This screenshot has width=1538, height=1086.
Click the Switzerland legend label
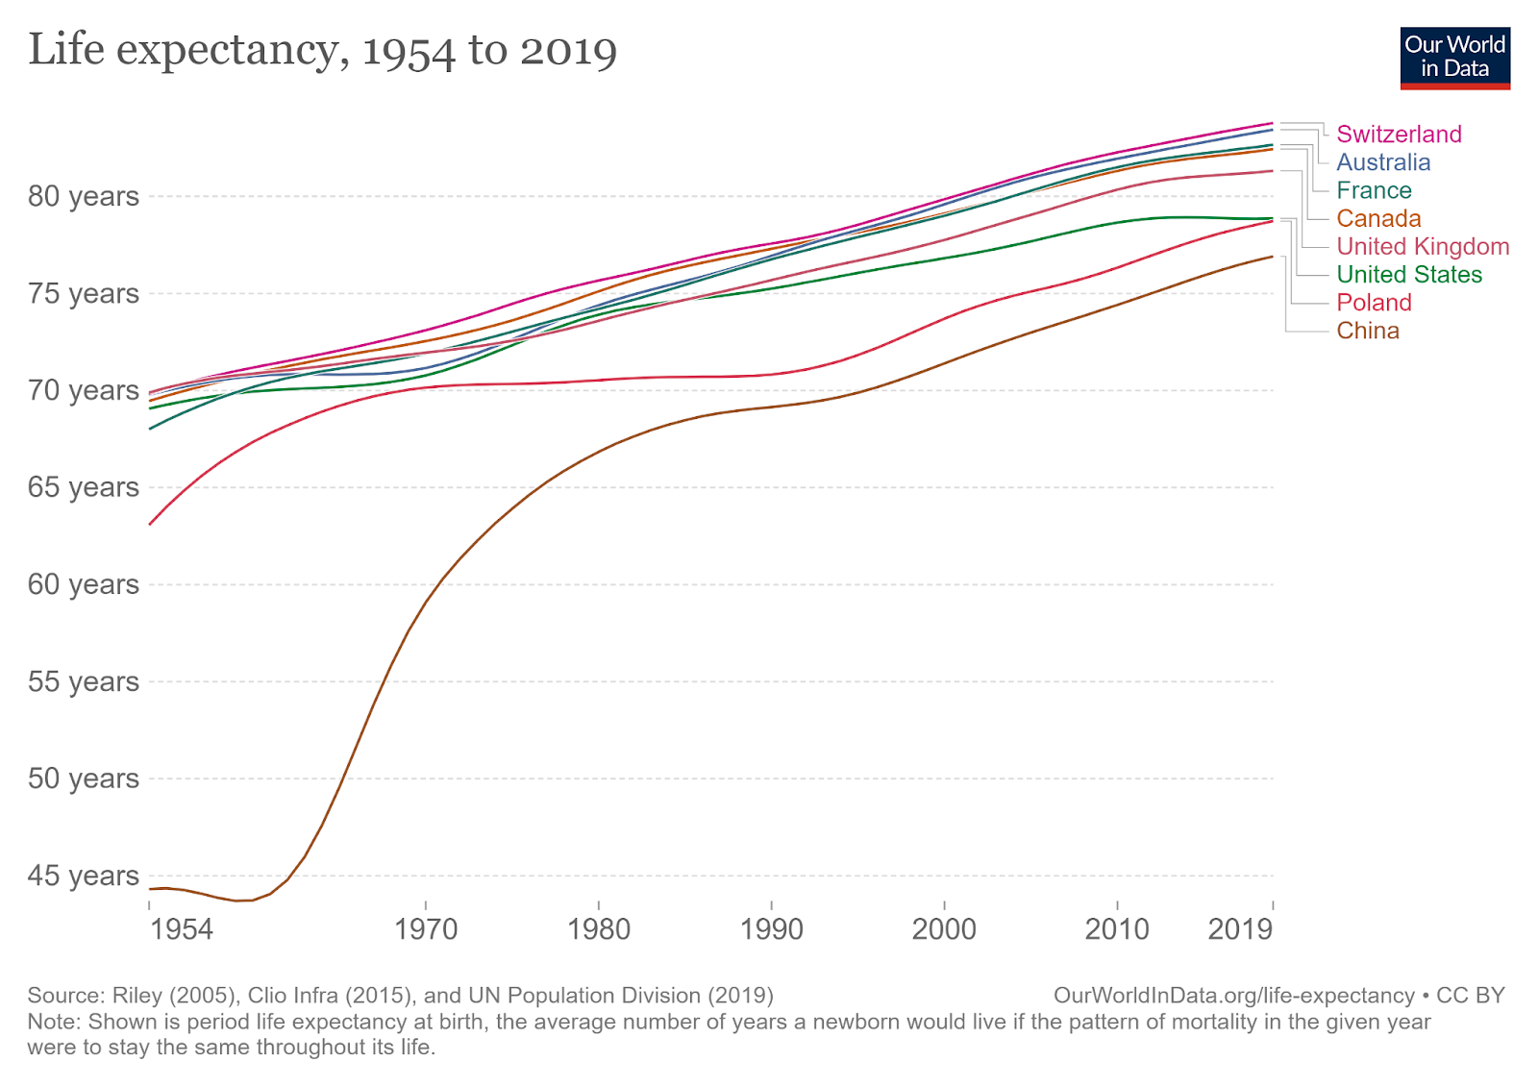pyautogui.click(x=1399, y=135)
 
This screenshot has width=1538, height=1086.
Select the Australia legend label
pyautogui.click(x=1383, y=162)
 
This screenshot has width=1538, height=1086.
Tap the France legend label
pyautogui.click(x=1374, y=190)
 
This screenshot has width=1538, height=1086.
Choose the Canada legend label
pyautogui.click(x=1378, y=218)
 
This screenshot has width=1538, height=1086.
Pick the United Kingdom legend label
pyautogui.click(x=1423, y=246)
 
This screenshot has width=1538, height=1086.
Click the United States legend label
pyautogui.click(x=1409, y=275)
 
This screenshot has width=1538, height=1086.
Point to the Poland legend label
pyautogui.click(x=1374, y=303)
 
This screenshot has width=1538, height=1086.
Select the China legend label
pyautogui.click(x=1368, y=331)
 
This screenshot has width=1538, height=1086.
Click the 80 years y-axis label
pyautogui.click(x=84, y=196)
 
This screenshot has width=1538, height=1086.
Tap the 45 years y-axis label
pyautogui.click(x=84, y=876)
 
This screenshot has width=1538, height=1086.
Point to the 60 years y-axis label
pyautogui.click(x=84, y=584)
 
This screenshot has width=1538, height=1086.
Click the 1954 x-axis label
pyautogui.click(x=182, y=929)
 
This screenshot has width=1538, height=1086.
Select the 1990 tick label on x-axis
pyautogui.click(x=772, y=929)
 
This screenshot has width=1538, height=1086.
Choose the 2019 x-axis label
pyautogui.click(x=1240, y=929)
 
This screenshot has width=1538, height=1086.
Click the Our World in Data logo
pyautogui.click(x=1454, y=58)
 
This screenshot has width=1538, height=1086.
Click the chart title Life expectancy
pyautogui.click(x=322, y=50)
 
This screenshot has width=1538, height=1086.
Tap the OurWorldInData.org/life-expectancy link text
pyautogui.click(x=1233, y=996)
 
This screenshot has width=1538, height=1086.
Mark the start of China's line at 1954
pyautogui.click(x=150, y=889)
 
